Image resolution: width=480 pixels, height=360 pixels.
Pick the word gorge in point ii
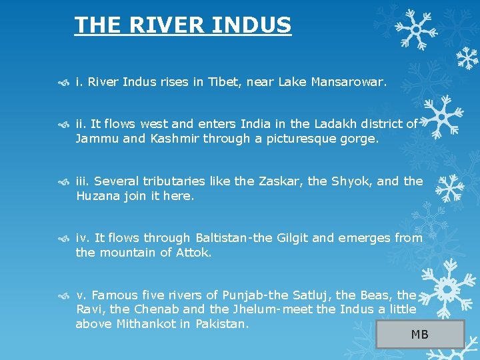pyautogui.click(x=361, y=139)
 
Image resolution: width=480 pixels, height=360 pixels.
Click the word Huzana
pyautogui.click(x=97, y=197)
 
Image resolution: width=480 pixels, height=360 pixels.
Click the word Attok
pyautogui.click(x=193, y=253)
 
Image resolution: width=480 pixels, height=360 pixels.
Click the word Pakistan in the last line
pyautogui.click(x=221, y=325)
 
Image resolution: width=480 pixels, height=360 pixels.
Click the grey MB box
pyautogui.click(x=420, y=334)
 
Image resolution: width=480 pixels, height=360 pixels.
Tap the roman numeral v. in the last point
pyautogui.click(x=81, y=295)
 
